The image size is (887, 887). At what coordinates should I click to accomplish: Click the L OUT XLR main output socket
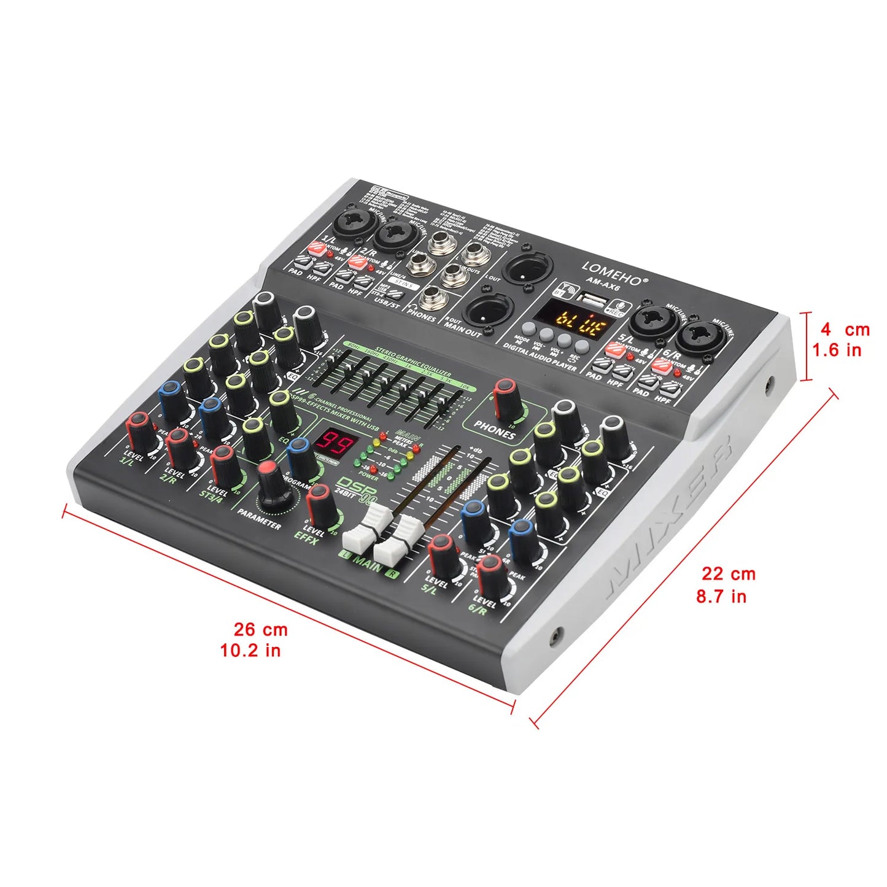tap(527, 268)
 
